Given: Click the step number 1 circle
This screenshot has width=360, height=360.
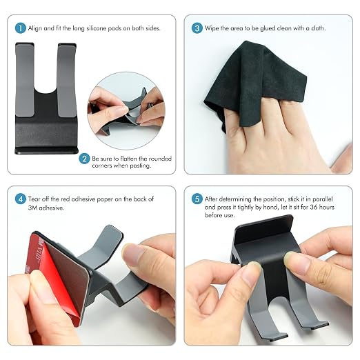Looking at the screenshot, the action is click(21, 28).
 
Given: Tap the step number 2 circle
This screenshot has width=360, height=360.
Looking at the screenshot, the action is click(84, 159).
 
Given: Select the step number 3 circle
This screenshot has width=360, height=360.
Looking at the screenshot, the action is click(197, 28).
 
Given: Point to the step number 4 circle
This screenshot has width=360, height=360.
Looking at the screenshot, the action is click(21, 199).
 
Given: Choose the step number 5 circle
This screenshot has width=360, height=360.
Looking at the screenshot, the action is click(197, 199).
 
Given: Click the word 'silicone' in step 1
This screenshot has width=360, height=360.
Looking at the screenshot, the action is click(97, 28).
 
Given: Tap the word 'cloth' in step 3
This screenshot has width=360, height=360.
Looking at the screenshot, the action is click(318, 28).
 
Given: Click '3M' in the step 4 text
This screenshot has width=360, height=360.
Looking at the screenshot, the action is click(32, 208).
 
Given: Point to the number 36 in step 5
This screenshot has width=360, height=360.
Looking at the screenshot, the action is click(313, 207).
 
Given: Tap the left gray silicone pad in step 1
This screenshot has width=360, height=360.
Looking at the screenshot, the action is click(25, 79).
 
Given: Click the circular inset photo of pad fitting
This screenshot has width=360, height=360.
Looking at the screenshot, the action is click(126, 111).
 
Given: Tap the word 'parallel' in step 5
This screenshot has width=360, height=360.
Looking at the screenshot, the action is click(323, 199).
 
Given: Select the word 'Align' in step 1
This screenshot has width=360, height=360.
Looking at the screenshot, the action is click(35, 28).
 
